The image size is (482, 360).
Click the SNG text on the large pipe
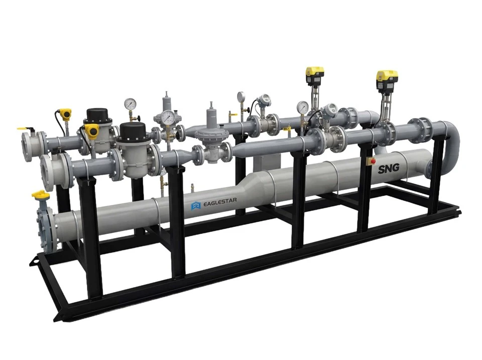pyautogui.click(x=389, y=168)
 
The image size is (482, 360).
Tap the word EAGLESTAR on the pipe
pyautogui.click(x=220, y=201)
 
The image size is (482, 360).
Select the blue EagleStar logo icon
pyautogui.click(x=196, y=206)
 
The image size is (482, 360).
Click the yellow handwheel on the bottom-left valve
pyautogui.click(x=40, y=195)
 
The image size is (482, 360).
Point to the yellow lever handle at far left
pyautogui.click(x=25, y=129)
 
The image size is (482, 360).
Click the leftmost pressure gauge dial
pyautogui.click(x=131, y=104)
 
